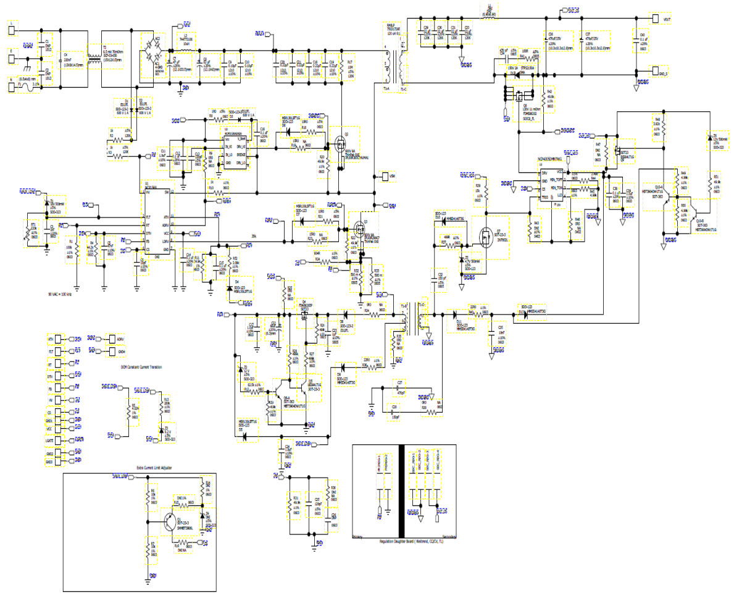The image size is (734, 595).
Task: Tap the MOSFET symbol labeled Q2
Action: tap(340, 145)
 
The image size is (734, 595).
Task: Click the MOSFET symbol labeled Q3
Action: tap(357, 223)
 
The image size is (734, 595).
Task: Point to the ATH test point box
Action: tap(57, 339)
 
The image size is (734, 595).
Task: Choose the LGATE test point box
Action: tap(57, 440)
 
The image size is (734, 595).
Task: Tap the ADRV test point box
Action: tap(112, 339)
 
